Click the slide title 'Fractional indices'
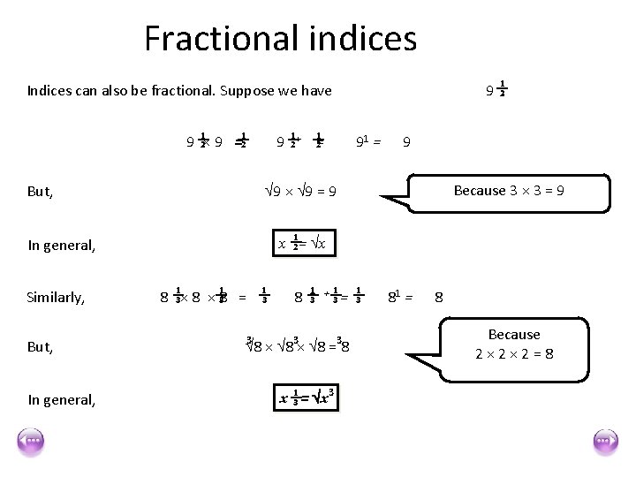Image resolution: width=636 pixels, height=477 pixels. pyautogui.click(x=280, y=38)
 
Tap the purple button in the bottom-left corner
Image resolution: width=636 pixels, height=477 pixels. pyautogui.click(x=30, y=441)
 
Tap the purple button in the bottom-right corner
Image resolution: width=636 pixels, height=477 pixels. pyautogui.click(x=605, y=441)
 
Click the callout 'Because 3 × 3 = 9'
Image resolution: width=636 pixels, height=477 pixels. pyautogui.click(x=509, y=191)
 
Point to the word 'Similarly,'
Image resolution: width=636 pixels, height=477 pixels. pyautogui.click(x=57, y=298)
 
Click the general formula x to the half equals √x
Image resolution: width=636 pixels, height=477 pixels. pyautogui.click(x=302, y=244)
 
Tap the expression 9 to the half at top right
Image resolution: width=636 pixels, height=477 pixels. pyautogui.click(x=497, y=89)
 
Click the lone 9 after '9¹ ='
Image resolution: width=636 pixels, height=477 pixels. pyautogui.click(x=405, y=140)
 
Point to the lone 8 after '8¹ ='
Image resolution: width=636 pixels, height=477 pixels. pyautogui.click(x=440, y=298)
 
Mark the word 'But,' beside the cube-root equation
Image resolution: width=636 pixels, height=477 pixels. pyautogui.click(x=41, y=347)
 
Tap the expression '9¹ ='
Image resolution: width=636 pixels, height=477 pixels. pyautogui.click(x=367, y=140)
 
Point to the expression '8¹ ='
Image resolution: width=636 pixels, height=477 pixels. pyautogui.click(x=400, y=298)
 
